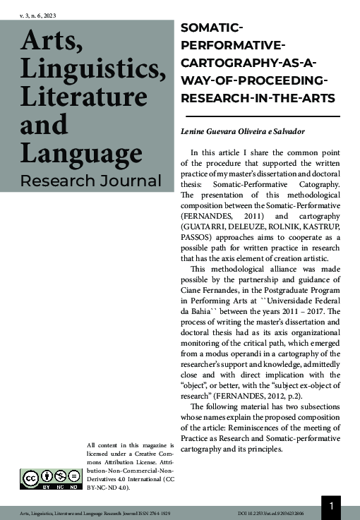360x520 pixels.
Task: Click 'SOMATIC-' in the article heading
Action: pos(212,29)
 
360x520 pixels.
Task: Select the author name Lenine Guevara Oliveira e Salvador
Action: pos(244,133)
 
